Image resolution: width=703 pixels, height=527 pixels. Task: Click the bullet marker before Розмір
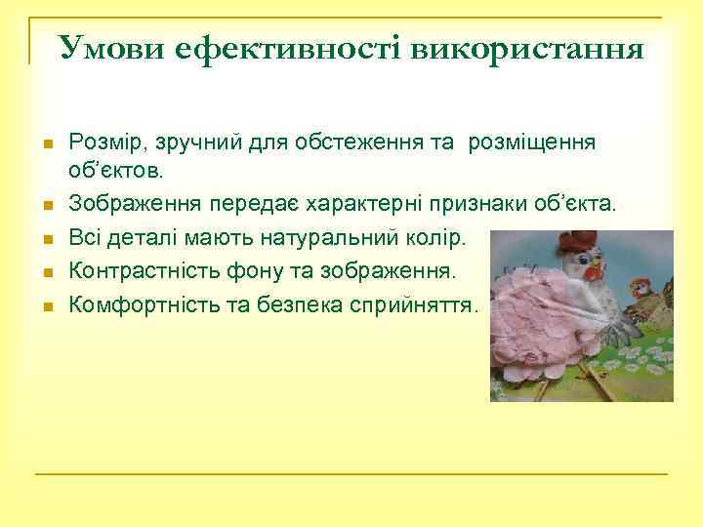click(47, 143)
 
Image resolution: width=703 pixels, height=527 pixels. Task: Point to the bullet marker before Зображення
click(47, 205)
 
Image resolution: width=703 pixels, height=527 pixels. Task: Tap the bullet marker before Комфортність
click(47, 305)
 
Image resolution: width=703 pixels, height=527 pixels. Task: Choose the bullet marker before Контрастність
click(47, 271)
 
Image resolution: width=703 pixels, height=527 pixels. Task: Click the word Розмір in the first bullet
click(103, 142)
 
